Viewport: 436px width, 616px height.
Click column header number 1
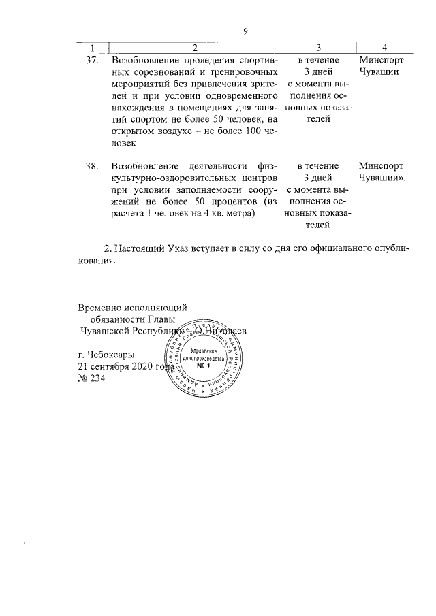coord(89,47)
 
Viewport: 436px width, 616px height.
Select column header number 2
coord(195,47)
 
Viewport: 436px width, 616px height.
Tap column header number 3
coord(317,47)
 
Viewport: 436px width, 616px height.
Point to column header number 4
coord(385,47)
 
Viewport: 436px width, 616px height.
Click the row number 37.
coord(93,60)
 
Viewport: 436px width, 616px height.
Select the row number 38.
coord(93,165)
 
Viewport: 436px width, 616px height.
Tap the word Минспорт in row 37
coord(380,60)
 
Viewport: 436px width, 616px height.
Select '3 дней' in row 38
coord(317,178)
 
